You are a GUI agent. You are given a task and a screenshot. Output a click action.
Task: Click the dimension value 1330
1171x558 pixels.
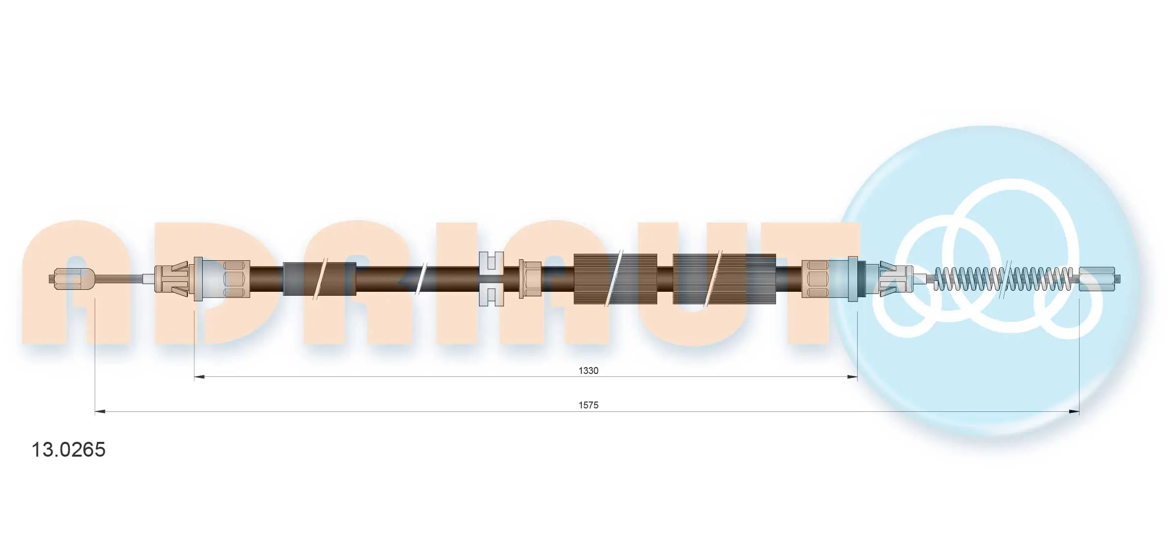[x=588, y=371]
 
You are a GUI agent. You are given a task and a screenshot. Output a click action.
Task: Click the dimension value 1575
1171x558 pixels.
[x=588, y=405]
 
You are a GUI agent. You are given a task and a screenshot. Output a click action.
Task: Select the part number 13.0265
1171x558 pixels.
[x=68, y=450]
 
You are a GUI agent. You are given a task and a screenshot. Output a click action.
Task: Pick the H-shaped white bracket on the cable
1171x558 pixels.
[x=491, y=279]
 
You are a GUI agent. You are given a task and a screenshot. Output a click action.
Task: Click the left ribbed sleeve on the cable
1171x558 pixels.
[x=615, y=279]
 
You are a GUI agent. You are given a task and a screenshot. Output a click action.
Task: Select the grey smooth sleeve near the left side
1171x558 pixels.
[x=319, y=279]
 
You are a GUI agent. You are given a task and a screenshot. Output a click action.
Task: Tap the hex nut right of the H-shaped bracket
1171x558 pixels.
[x=530, y=279]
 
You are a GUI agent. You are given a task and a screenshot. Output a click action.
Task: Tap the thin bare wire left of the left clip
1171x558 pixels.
[x=118, y=279]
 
